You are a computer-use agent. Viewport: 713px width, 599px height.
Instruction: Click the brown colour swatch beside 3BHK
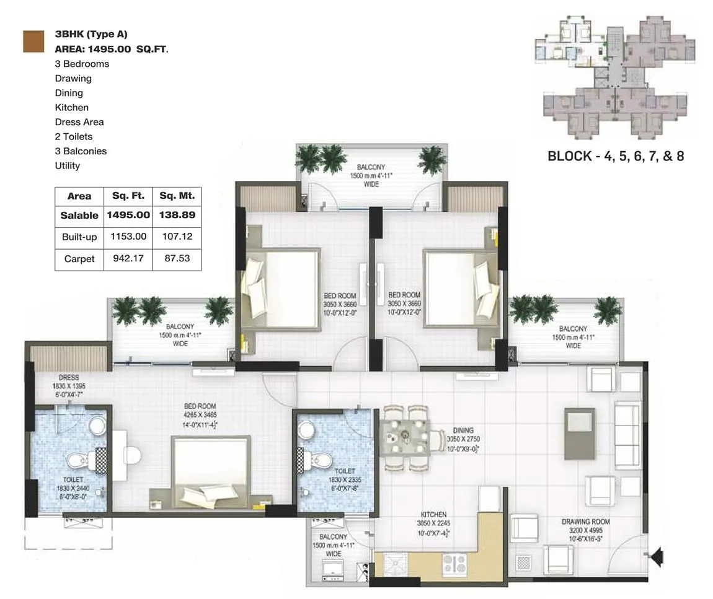(33, 41)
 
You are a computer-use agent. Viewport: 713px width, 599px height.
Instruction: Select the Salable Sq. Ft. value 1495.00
(128, 215)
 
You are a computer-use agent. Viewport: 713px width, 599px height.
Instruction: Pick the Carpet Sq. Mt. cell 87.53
(177, 258)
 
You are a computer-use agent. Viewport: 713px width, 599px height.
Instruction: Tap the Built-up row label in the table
(79, 237)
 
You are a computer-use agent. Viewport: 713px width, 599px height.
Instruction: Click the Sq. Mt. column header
(177, 196)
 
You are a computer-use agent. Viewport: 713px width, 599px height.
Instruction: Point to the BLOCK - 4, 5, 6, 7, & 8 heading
(615, 156)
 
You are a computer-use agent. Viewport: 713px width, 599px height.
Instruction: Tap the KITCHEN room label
(433, 515)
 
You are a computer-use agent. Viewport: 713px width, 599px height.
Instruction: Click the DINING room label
(463, 430)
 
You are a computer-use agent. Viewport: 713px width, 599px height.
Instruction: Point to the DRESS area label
(69, 377)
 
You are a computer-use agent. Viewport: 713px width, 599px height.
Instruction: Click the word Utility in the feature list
(67, 165)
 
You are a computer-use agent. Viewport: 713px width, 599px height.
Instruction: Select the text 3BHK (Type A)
(91, 35)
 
